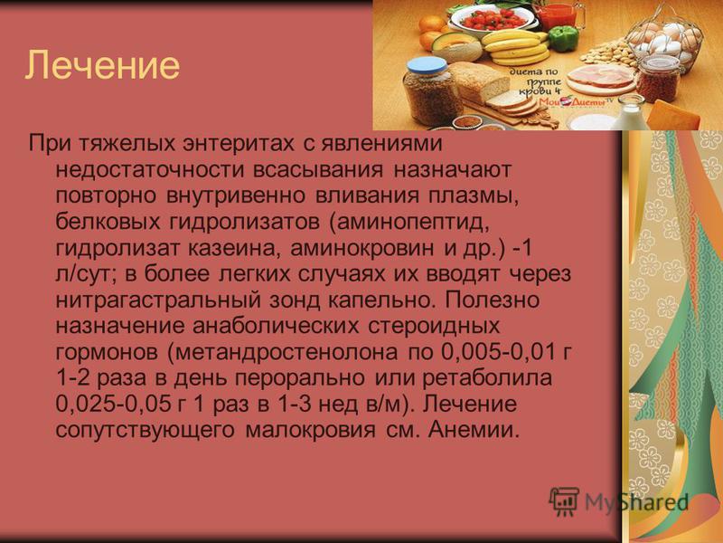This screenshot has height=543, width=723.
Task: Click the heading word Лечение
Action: click(x=102, y=65)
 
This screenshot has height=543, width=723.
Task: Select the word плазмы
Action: click(x=474, y=195)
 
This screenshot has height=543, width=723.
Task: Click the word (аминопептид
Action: click(x=408, y=222)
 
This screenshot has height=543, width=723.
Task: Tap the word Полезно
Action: click(x=492, y=300)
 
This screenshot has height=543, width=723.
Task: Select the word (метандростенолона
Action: click(x=282, y=352)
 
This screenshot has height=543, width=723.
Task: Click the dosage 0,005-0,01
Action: click(x=496, y=352)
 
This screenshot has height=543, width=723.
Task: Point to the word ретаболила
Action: click(x=487, y=378)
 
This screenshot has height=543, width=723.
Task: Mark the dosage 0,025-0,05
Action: click(x=112, y=405)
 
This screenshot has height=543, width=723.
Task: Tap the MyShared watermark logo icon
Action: click(x=563, y=501)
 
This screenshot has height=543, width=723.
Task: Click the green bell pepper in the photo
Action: click(x=564, y=38)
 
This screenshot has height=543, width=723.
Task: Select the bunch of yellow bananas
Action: click(x=515, y=48)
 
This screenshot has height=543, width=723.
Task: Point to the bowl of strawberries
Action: click(x=492, y=20)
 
